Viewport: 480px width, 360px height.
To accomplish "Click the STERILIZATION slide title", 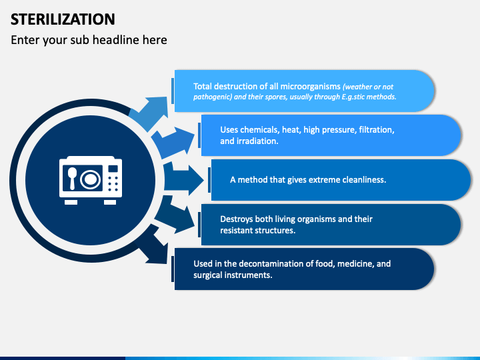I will point(63,18).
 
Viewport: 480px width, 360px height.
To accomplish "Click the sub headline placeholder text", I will point(89,40).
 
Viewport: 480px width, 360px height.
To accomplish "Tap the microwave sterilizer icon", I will point(89,181).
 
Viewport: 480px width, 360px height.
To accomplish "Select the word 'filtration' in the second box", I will point(375,130).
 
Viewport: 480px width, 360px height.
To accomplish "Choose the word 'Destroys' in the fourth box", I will point(238,219).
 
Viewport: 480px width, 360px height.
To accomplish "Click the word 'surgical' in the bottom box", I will point(209,275).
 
